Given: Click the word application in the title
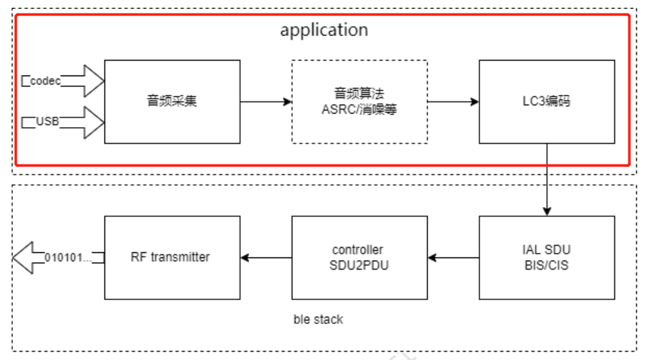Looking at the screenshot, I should point(324,30).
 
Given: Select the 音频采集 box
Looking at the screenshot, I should point(172,101).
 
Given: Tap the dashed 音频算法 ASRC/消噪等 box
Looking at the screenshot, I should point(359,101).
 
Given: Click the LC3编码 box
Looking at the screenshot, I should point(546,101).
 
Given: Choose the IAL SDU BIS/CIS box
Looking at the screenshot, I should point(546,257).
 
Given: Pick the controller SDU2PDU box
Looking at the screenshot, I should point(359,257).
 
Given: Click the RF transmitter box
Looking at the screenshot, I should point(172,257).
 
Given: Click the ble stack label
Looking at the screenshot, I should point(318,319).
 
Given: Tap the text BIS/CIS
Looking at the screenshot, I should point(546,265).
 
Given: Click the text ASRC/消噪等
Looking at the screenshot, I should point(359,109).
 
